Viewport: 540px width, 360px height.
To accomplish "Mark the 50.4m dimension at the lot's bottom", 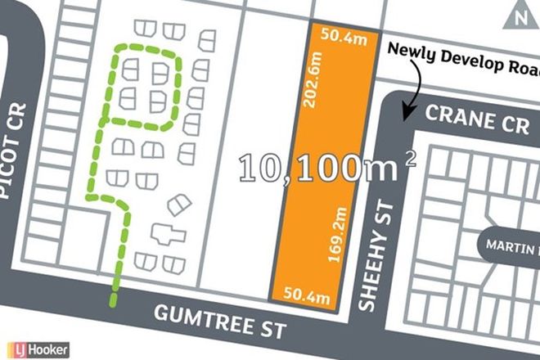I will pos(308,293).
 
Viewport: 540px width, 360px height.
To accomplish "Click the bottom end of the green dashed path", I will pos(113,304).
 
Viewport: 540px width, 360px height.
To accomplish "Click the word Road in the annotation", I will pos(524,51).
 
